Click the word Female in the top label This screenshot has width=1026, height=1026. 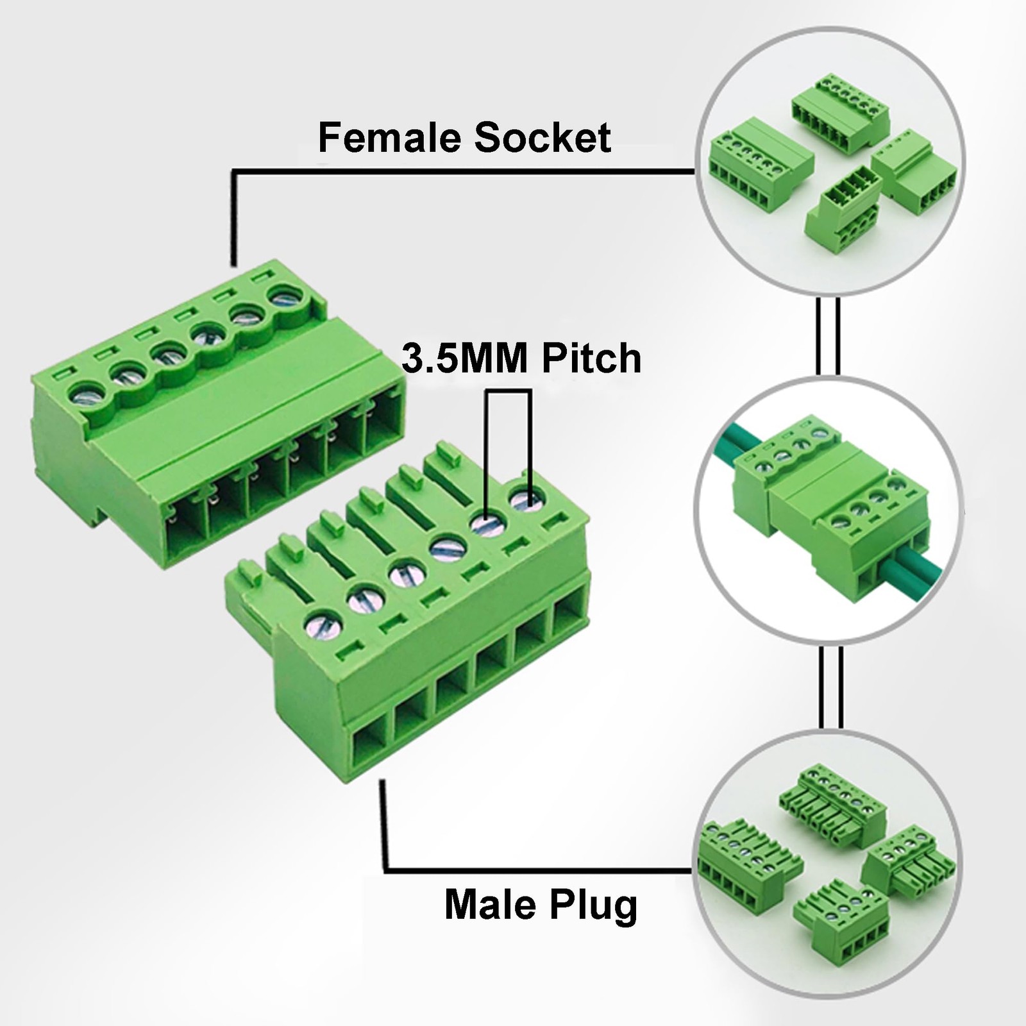tap(389, 138)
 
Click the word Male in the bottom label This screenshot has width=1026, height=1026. tap(490, 905)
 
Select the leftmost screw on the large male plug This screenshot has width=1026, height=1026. tap(323, 625)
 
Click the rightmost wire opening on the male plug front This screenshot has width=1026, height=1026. tap(569, 616)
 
